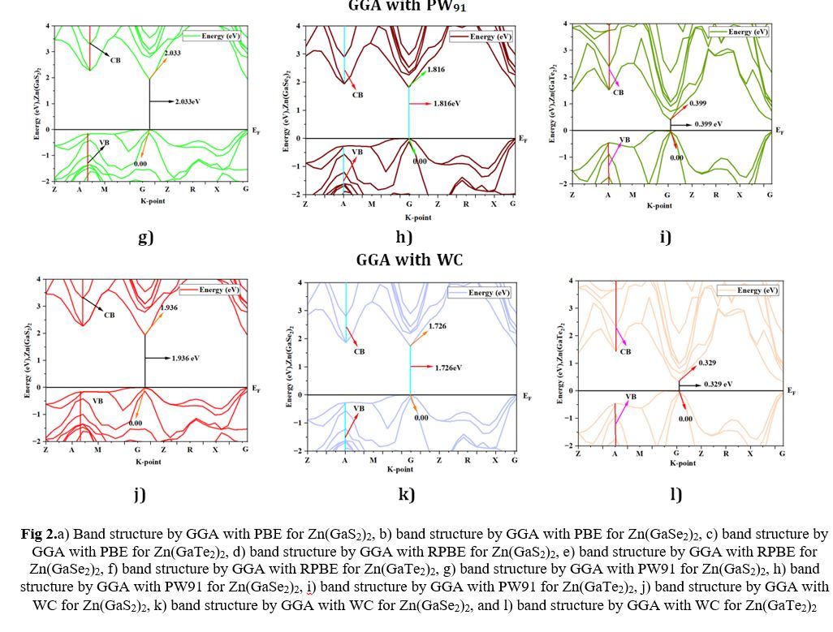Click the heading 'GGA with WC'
(x=409, y=260)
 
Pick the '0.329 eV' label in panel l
(x=717, y=383)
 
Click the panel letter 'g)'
(x=145, y=237)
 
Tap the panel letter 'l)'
(x=675, y=495)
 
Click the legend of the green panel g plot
(x=214, y=36)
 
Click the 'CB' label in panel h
(x=357, y=95)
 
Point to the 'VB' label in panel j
(x=98, y=400)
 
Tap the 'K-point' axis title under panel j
(x=148, y=462)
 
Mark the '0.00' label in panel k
(x=421, y=418)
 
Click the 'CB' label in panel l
(x=625, y=351)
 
